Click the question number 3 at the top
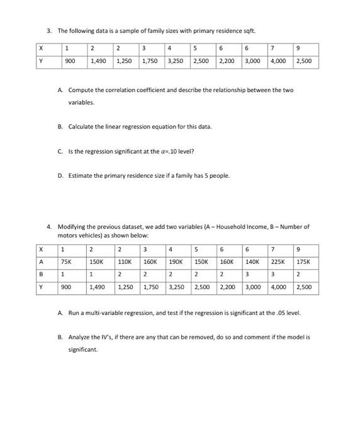pos(48,30)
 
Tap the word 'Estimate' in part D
pos(80,175)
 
